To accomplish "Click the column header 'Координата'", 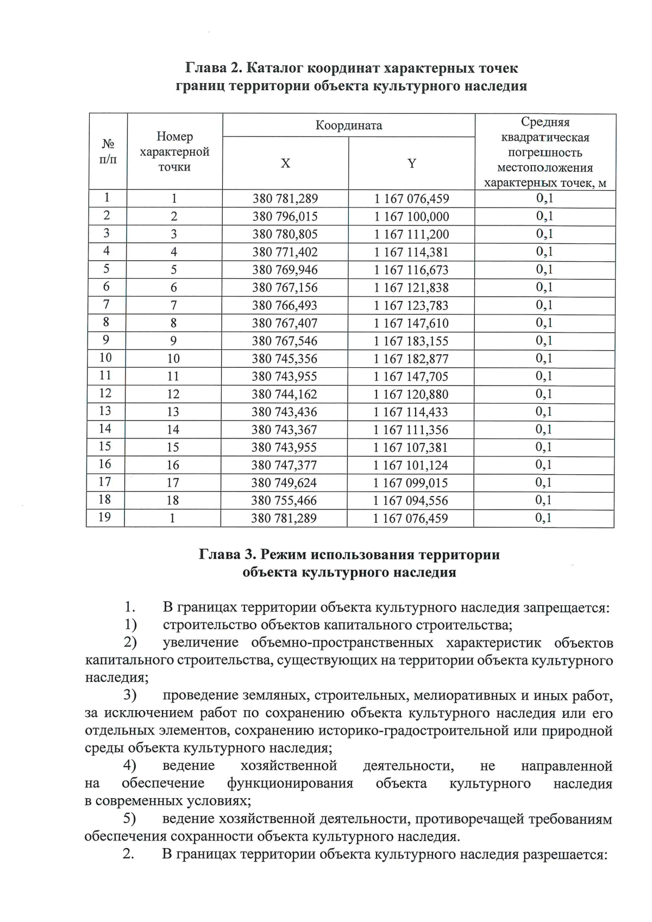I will click(349, 126).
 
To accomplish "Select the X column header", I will click(285, 164).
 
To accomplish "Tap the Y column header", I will click(412, 163).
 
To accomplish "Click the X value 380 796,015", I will click(285, 217).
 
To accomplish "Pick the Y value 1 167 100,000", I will click(411, 217).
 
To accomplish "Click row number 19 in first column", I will click(105, 517).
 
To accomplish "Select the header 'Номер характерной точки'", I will click(174, 152).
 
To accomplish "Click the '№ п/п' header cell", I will click(108, 152).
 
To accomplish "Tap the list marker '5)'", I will click(129, 819).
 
